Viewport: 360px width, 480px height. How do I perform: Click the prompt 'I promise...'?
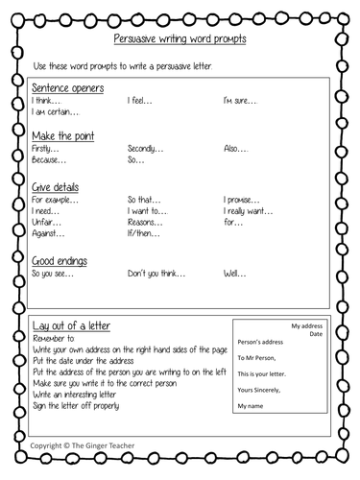click(244, 201)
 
